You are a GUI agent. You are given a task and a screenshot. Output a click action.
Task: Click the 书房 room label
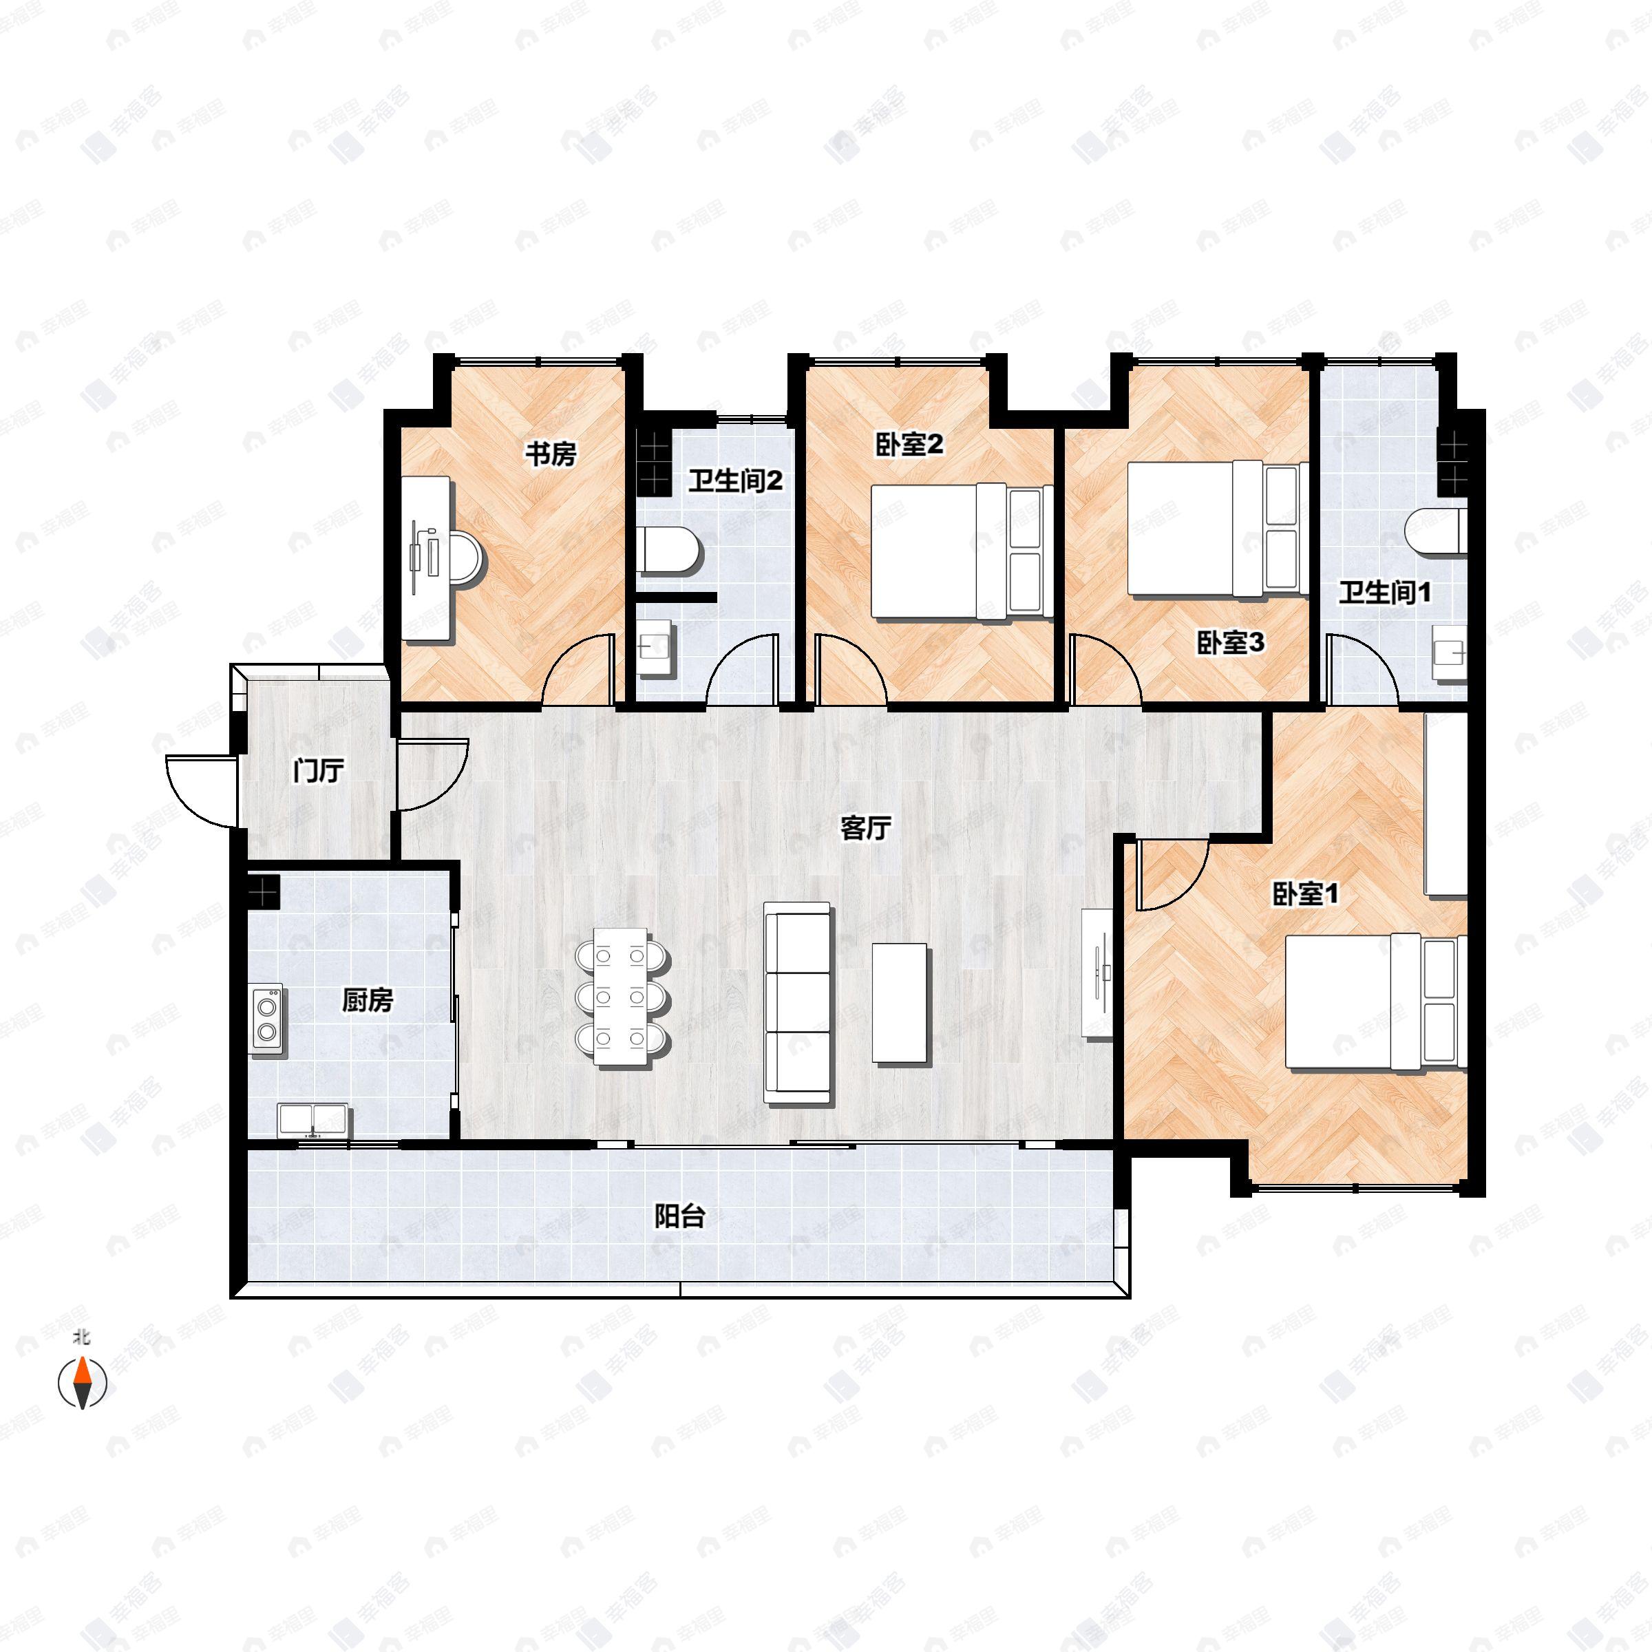(x=551, y=454)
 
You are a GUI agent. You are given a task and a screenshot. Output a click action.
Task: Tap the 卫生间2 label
(x=735, y=480)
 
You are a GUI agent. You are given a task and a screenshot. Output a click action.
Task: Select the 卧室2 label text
(x=909, y=445)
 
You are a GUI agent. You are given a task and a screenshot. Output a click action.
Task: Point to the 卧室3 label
(x=1231, y=643)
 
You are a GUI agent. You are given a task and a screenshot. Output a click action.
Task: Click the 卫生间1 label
(x=1384, y=592)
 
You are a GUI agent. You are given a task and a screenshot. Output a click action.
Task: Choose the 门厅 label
(x=318, y=770)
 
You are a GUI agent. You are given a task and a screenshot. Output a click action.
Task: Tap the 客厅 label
(x=865, y=827)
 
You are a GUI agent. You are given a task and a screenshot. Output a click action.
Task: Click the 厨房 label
(x=368, y=999)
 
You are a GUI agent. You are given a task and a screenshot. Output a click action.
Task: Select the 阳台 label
(x=680, y=1216)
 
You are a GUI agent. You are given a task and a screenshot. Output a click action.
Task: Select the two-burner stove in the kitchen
(x=268, y=1019)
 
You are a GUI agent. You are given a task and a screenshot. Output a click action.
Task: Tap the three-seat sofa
(x=798, y=1002)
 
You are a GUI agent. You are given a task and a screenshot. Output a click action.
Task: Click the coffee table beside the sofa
(x=900, y=1002)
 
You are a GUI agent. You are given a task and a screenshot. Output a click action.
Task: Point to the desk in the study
(x=427, y=558)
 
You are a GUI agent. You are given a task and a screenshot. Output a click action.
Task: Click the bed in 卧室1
(x=1377, y=1002)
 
